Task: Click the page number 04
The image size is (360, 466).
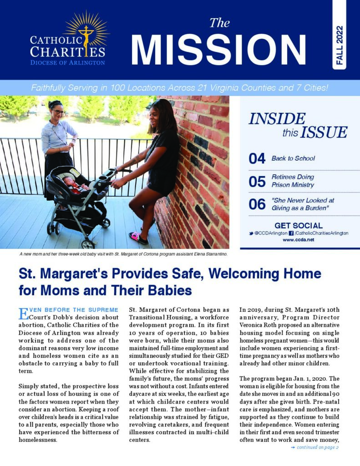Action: point(257,158)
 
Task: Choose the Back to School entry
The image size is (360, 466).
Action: point(293,158)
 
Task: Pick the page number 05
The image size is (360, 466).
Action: point(257,181)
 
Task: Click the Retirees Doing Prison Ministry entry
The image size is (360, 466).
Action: point(293,181)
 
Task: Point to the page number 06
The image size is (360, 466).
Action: point(257,204)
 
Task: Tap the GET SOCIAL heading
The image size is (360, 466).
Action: point(299,225)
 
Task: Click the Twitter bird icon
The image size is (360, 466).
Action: point(251,233)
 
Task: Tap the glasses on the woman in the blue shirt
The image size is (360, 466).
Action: point(58,111)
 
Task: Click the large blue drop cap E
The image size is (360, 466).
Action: point(23,314)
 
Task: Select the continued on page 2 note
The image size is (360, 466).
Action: point(315,447)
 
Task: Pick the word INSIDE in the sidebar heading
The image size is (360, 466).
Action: point(277,119)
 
